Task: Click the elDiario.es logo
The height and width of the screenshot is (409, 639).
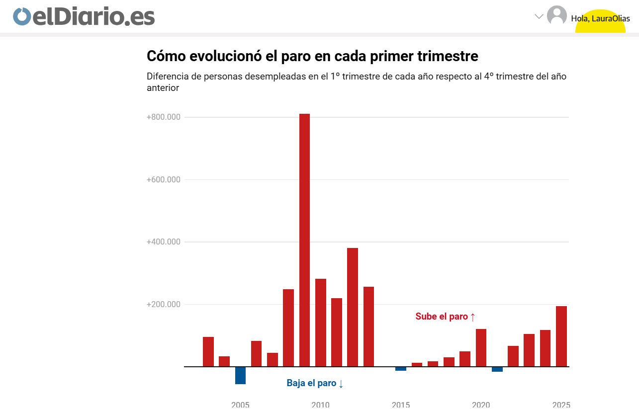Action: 84,16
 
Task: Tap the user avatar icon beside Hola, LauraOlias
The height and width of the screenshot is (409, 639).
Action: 556,15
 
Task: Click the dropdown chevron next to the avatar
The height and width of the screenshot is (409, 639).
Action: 539,16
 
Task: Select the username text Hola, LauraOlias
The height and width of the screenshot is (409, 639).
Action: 600,19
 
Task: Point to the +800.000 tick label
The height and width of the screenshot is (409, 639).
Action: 163,117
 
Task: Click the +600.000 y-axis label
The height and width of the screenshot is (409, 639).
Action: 163,180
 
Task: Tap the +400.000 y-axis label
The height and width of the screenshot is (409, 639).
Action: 163,242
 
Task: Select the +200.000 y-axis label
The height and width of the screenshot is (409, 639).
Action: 163,305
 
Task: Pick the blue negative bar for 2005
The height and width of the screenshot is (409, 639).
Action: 240,375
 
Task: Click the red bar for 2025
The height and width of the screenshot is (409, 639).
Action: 561,336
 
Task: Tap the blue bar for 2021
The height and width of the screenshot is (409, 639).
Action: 497,369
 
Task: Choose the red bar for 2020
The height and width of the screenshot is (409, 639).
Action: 481,348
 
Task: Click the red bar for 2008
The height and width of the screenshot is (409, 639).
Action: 288,328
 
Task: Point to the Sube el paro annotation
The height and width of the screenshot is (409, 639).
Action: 446,317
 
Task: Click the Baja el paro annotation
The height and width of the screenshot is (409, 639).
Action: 315,383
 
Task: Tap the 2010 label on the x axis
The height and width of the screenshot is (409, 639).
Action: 320,405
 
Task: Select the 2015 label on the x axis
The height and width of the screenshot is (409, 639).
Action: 401,405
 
